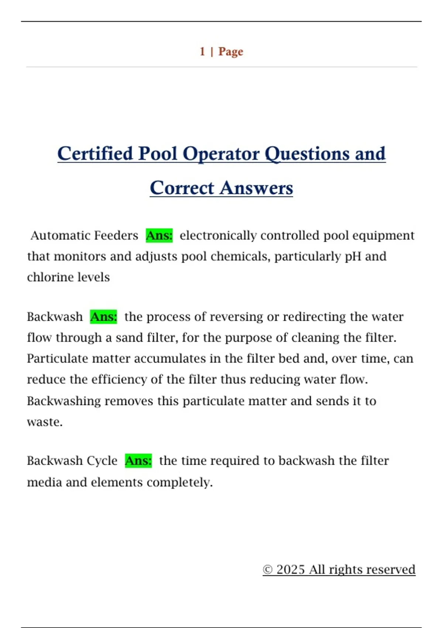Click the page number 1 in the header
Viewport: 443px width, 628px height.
click(202, 51)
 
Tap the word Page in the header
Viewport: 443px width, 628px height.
click(231, 51)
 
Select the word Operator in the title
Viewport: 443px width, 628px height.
click(221, 154)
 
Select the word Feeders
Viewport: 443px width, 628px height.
click(116, 235)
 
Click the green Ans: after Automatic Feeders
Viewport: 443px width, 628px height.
click(159, 235)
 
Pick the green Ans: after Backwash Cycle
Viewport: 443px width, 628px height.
click(138, 461)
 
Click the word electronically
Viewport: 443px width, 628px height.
click(218, 235)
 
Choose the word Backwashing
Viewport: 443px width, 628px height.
click(63, 401)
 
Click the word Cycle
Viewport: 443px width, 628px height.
click(102, 461)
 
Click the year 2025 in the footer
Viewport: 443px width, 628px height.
click(291, 569)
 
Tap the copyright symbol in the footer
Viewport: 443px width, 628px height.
click(268, 570)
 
